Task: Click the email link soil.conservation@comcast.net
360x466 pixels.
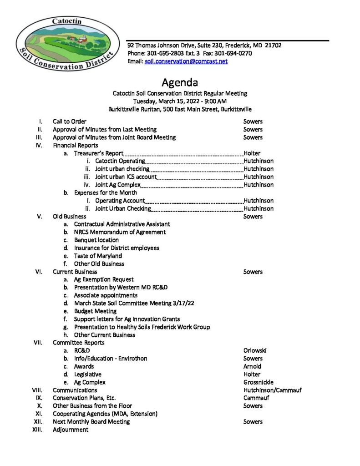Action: click(186, 61)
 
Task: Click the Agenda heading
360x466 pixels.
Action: click(180, 83)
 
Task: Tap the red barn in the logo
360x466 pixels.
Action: click(81, 40)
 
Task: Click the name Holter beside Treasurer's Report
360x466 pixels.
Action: click(252, 153)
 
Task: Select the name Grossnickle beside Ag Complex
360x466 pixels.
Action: click(259, 382)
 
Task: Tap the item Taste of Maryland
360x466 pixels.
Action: click(98, 256)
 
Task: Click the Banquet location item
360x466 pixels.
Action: click(96, 240)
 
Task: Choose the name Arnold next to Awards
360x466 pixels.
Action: click(253, 366)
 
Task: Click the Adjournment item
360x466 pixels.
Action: click(71, 430)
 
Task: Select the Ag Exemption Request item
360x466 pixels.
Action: click(104, 279)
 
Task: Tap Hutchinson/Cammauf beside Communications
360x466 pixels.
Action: click(273, 390)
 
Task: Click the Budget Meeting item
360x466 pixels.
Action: click(95, 311)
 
